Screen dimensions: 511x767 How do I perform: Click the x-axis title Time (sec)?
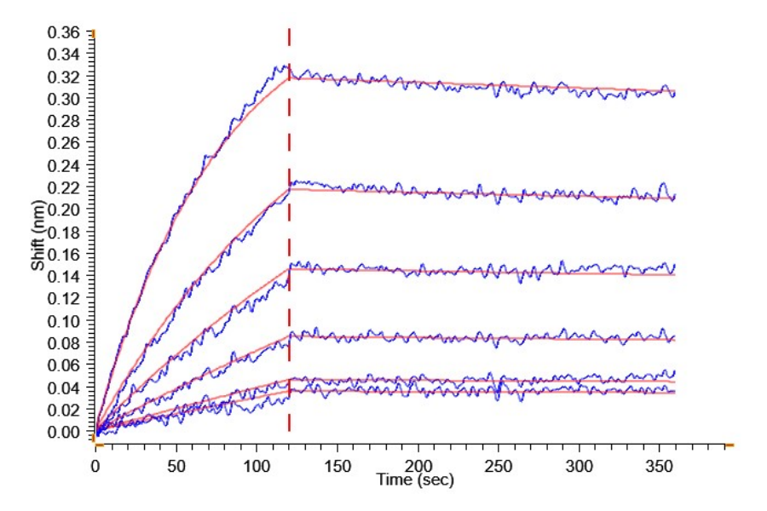click(x=416, y=480)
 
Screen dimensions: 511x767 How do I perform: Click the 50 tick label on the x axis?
click(x=176, y=468)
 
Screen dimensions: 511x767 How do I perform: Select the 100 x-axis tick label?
click(x=257, y=468)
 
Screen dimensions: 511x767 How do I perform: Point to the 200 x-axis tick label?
click(x=418, y=468)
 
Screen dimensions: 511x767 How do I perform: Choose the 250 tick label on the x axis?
click(x=499, y=468)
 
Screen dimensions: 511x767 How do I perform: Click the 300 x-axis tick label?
click(x=579, y=468)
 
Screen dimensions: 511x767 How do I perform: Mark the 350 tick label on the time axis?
click(x=660, y=468)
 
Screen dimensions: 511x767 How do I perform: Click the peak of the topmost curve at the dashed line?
click(x=286, y=66)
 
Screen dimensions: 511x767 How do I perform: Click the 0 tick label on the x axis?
click(x=95, y=468)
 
